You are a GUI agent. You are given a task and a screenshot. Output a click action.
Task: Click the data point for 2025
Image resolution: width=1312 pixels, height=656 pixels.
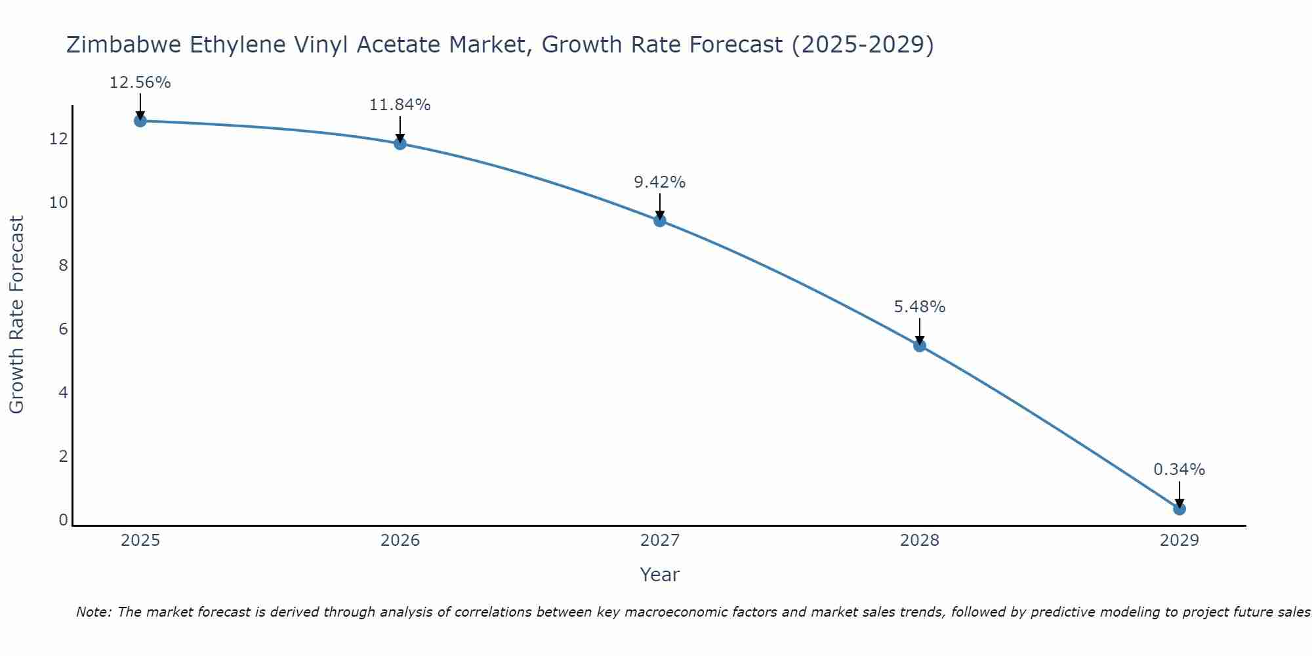pos(140,121)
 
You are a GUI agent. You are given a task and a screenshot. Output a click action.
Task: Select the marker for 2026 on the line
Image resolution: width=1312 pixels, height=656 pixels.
pos(400,143)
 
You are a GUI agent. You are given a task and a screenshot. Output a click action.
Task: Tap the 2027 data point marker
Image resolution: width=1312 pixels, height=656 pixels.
pos(660,220)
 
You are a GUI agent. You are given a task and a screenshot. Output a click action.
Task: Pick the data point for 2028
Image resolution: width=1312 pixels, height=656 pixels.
pos(920,345)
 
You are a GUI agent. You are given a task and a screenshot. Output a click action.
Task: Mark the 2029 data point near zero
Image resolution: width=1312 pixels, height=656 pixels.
pos(1179,508)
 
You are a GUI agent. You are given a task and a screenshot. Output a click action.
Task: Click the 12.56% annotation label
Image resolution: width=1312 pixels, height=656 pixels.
pos(140,83)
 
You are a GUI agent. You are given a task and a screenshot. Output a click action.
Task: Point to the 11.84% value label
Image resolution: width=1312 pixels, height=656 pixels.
pos(400,105)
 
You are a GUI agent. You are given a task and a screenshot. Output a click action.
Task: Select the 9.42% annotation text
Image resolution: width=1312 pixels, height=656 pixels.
pos(660,182)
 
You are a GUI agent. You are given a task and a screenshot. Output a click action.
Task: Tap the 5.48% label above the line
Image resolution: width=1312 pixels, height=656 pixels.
pos(920,307)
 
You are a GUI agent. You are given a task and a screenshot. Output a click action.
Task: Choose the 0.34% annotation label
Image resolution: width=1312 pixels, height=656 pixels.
pos(1179,470)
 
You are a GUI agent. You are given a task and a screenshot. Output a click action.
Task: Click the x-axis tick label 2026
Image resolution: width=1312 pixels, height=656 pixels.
pos(400,541)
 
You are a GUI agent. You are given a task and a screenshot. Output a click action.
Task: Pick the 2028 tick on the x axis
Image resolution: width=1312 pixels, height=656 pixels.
pos(920,541)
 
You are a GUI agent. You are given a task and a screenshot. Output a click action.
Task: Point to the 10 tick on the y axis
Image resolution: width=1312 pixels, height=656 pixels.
pos(59,202)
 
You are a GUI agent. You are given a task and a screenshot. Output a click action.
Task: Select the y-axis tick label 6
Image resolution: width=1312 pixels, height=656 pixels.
pos(64,329)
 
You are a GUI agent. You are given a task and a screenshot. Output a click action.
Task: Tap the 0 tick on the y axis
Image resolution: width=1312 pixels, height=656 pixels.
pos(64,520)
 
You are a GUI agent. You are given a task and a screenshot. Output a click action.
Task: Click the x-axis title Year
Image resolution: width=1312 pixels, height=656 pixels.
pos(660,575)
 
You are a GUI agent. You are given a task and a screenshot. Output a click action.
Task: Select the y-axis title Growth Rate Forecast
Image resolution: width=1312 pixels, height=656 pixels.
pos(17,315)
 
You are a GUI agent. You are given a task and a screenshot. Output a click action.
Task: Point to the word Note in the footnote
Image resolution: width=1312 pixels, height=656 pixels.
pos(94,612)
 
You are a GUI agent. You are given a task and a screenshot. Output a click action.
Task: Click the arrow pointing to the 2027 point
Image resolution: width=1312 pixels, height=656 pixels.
pos(660,205)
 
